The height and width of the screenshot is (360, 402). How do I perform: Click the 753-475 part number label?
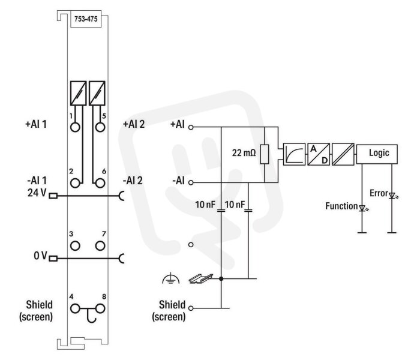click(x=86, y=19)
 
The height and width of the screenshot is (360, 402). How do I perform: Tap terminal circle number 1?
click(x=75, y=127)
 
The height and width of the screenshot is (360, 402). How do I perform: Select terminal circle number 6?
click(x=100, y=183)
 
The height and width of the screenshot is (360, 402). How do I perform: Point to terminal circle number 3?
click(x=75, y=245)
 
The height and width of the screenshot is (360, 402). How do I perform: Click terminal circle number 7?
click(x=100, y=245)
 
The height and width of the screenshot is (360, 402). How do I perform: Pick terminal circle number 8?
click(x=100, y=308)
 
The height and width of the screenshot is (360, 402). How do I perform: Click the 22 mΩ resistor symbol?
click(x=265, y=154)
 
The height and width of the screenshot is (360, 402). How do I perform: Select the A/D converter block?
click(x=319, y=154)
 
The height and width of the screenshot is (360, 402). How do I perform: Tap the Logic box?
click(x=377, y=154)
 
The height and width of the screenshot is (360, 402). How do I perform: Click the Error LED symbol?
click(x=392, y=196)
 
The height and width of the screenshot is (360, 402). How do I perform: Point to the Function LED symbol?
click(x=362, y=208)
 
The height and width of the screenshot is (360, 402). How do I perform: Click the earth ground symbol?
click(x=171, y=279)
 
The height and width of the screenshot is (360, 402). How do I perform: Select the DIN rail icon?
click(x=201, y=278)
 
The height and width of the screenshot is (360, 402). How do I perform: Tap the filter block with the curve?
click(x=294, y=154)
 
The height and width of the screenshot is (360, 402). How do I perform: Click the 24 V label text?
click(x=37, y=193)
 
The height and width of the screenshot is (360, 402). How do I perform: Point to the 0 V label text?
click(x=41, y=256)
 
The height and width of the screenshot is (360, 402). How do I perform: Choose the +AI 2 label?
click(x=134, y=124)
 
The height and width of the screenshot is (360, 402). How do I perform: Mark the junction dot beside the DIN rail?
click(x=221, y=278)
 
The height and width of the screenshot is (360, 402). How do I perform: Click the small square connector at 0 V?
click(x=53, y=259)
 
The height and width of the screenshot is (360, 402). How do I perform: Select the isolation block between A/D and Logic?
click(x=343, y=154)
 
